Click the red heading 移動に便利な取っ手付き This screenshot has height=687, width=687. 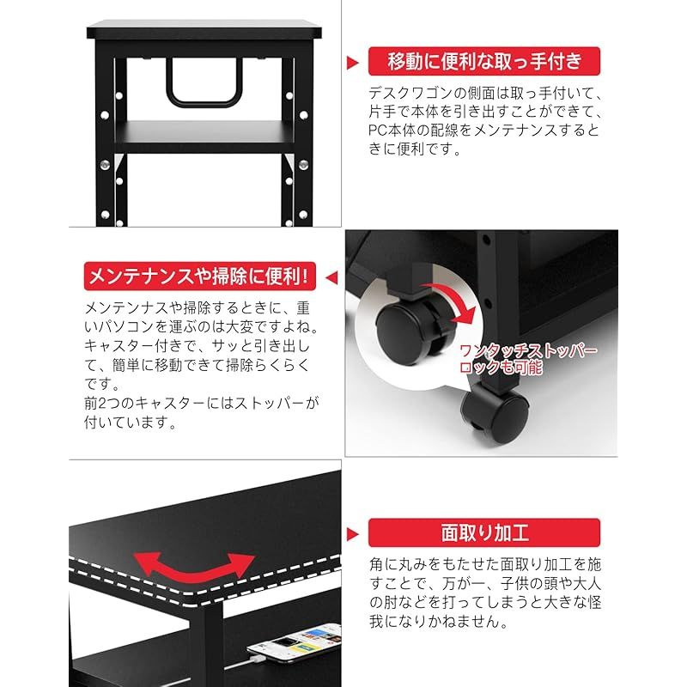pyautogui.click(x=484, y=61)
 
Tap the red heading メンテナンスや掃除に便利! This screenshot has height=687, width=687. pyautogui.click(x=202, y=277)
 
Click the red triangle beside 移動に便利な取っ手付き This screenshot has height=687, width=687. pyautogui.click(x=352, y=62)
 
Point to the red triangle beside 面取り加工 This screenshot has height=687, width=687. pyautogui.click(x=352, y=532)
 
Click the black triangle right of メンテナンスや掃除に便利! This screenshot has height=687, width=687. pyautogui.click(x=333, y=277)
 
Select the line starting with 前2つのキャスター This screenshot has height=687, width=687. pyautogui.click(x=202, y=403)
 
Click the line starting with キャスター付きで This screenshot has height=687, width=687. pyautogui.click(x=202, y=346)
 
